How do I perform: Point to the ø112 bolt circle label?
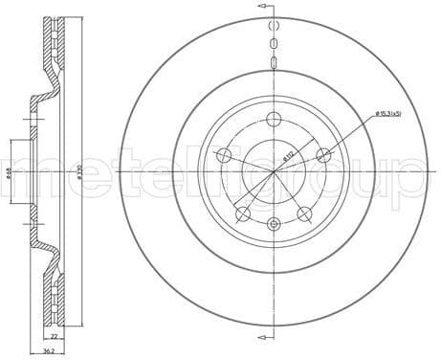(287, 153)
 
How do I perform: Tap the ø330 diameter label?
(77, 171)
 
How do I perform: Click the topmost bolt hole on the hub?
(275, 119)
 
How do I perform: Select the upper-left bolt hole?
(225, 156)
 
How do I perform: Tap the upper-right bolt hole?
(324, 155)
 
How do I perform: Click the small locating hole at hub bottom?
(275, 224)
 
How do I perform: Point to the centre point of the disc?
(275, 171)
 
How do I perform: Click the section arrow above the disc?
(262, 7)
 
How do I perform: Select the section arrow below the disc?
(262, 338)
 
